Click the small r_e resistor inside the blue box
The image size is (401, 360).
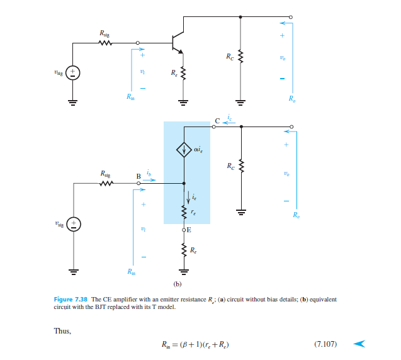point(184,213)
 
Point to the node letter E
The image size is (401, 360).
point(189,230)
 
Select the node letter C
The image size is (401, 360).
point(217,120)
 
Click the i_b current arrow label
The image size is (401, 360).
point(149,174)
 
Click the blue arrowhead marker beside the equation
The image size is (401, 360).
point(359,344)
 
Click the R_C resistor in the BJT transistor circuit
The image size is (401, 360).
point(240,59)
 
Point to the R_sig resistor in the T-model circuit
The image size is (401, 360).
point(104,183)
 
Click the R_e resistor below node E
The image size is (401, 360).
point(184,251)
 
